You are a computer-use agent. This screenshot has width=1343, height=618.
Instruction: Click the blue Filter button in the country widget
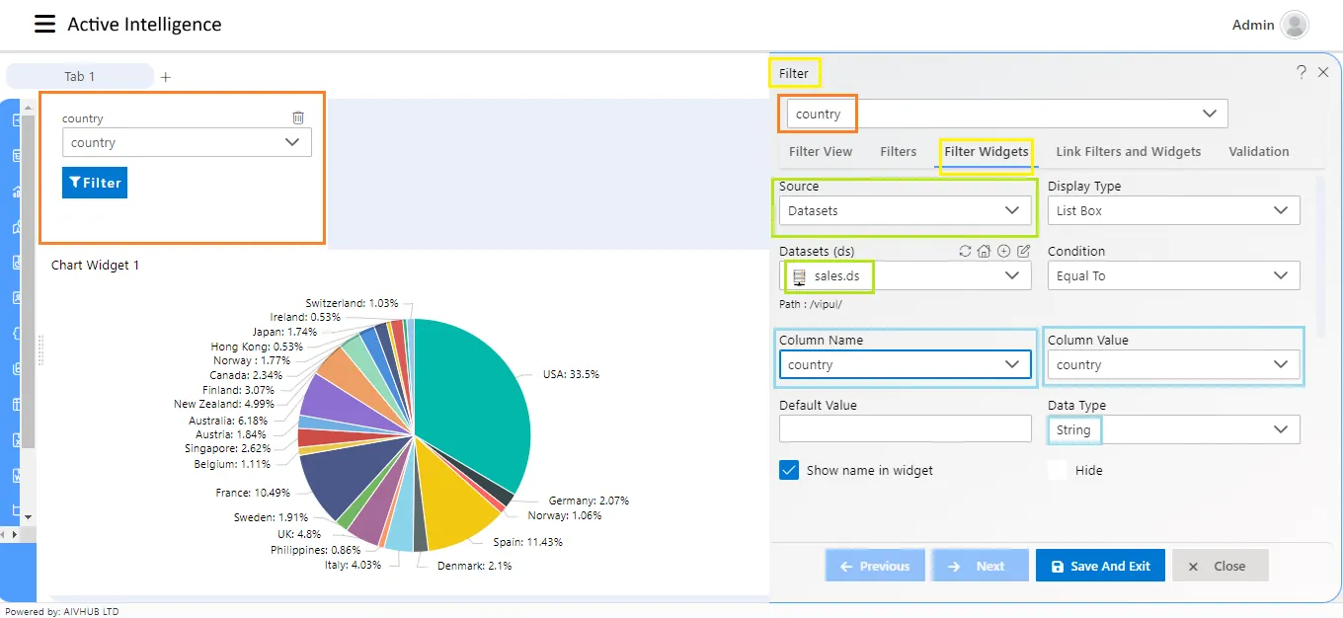point(95,183)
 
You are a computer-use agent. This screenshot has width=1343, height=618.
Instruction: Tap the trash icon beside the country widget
point(298,117)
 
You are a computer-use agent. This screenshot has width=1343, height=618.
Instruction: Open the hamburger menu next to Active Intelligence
point(45,24)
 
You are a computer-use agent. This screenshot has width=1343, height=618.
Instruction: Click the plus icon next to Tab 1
point(166,77)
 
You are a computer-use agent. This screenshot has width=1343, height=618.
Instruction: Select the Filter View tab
point(821,152)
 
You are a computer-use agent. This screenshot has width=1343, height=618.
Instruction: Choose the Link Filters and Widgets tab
point(1129,152)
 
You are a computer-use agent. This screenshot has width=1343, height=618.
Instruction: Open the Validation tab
point(1258,152)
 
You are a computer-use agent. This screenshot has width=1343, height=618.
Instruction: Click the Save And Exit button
point(1100,566)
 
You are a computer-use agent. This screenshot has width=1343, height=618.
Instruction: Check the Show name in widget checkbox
point(789,470)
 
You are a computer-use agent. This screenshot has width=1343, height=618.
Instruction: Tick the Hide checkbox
point(1058,470)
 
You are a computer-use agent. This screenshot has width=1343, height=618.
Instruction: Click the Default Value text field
point(905,429)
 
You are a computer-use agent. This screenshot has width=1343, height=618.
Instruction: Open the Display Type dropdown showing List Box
point(1173,210)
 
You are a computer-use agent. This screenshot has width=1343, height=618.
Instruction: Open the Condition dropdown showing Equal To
point(1173,275)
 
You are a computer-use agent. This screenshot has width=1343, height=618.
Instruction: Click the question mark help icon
point(1302,72)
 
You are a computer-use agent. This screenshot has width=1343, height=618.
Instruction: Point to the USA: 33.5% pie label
point(571,374)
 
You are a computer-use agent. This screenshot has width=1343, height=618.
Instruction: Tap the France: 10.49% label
point(253,493)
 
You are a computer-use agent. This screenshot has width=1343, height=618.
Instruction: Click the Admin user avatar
point(1295,25)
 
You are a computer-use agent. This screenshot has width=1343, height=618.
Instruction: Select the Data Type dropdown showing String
point(1173,429)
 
